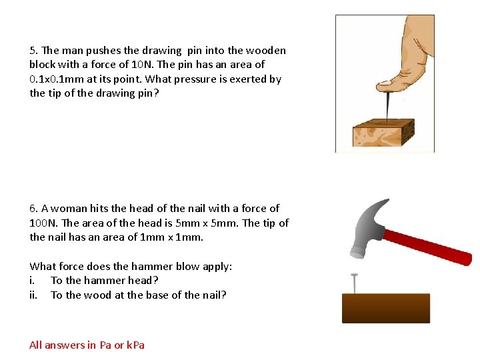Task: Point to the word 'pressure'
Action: click(205, 79)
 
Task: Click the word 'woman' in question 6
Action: click(69, 209)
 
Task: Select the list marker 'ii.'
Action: click(34, 295)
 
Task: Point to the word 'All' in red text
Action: click(35, 345)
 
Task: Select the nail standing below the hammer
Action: click(354, 283)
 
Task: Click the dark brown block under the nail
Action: click(385, 308)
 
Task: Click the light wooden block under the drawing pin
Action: click(383, 133)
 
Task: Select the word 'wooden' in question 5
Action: click(266, 51)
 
